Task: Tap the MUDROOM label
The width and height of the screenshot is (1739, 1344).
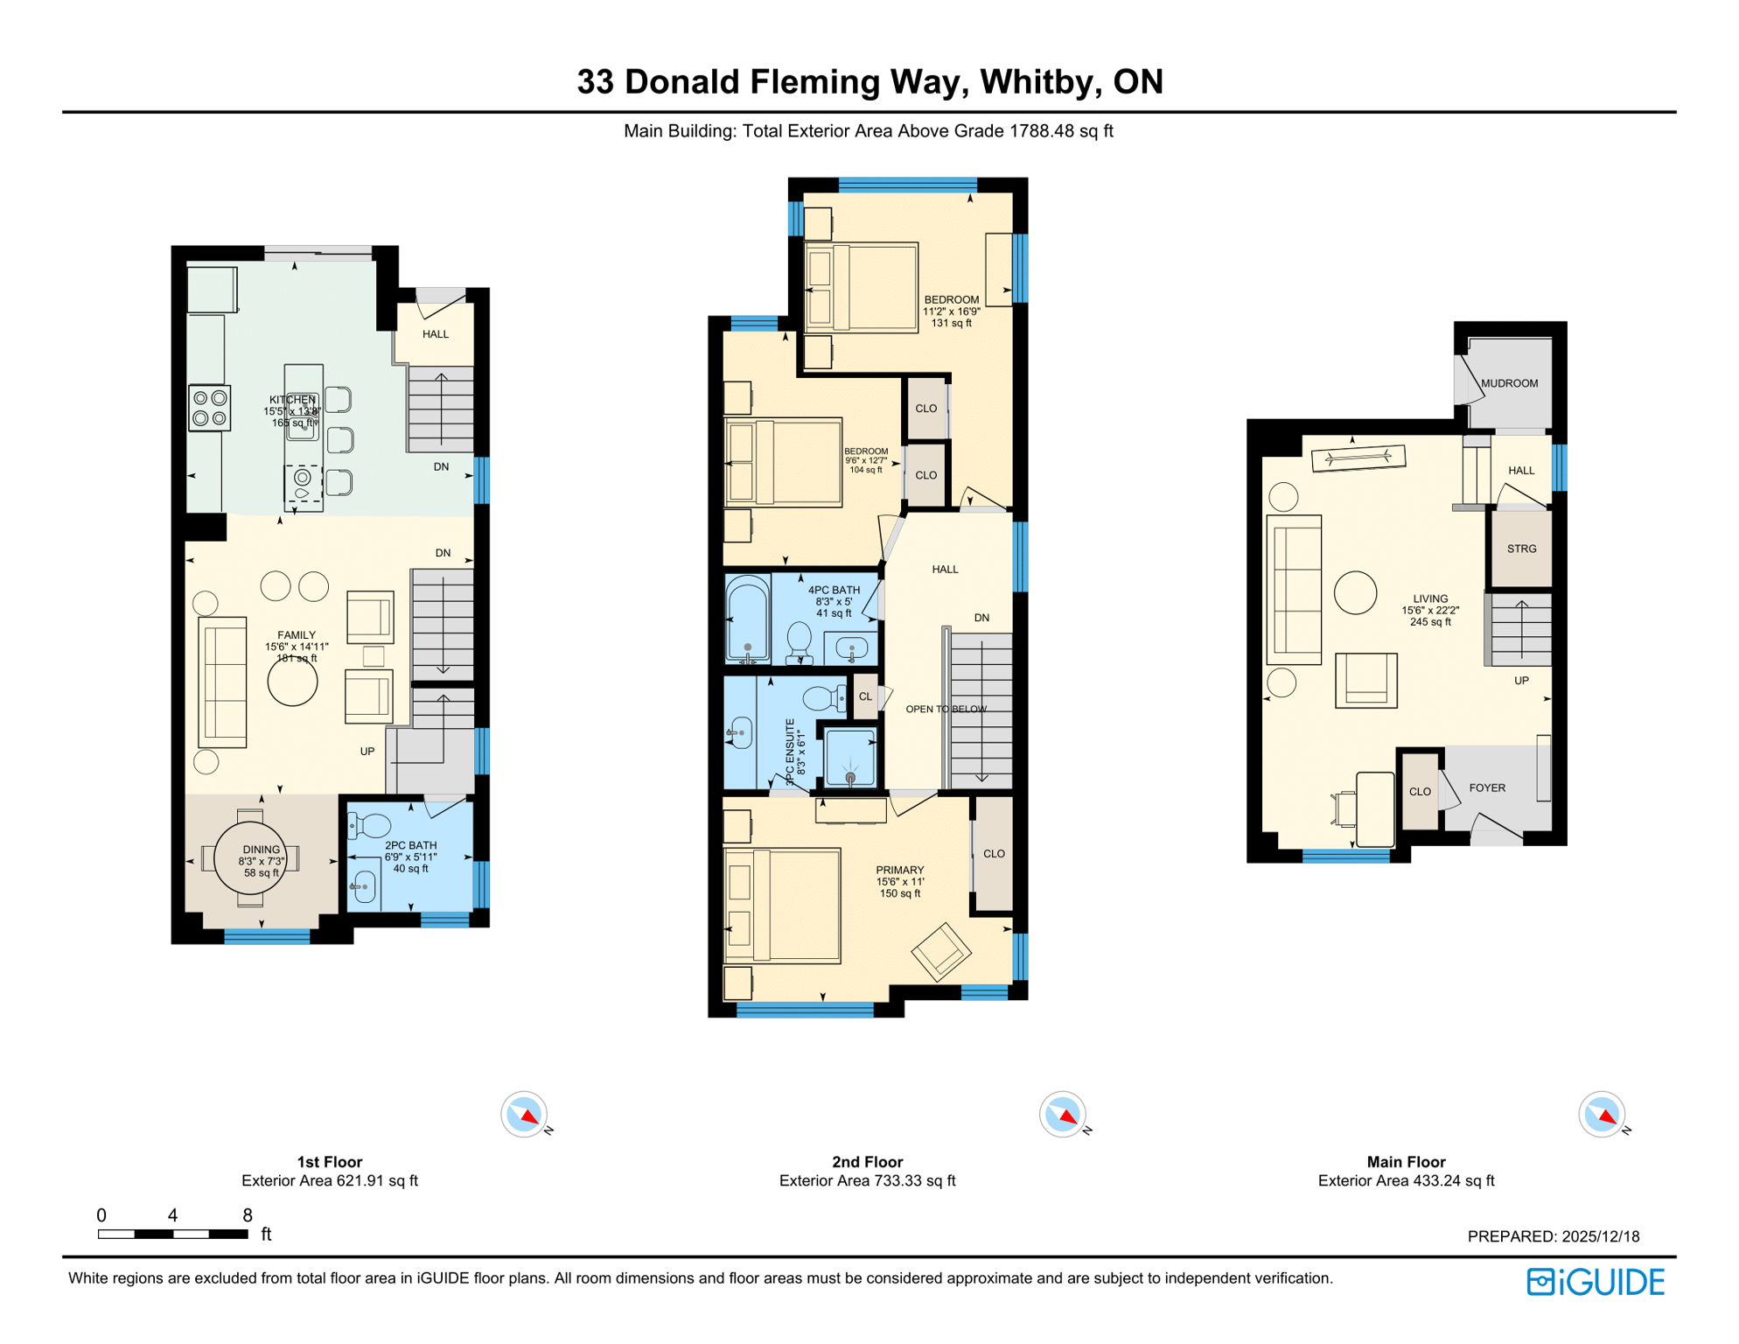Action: click(1509, 383)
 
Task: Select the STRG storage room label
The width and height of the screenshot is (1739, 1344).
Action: click(1521, 549)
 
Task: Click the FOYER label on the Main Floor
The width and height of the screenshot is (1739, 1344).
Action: click(1487, 787)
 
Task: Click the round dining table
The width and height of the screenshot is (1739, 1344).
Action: click(251, 857)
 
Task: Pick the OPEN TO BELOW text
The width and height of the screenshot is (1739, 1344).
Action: click(946, 709)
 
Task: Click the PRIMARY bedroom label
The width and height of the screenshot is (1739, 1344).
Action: click(899, 870)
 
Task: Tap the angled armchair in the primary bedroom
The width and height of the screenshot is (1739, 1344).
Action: click(941, 952)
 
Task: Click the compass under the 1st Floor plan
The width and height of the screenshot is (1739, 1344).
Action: click(524, 1115)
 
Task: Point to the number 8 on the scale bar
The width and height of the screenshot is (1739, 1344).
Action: click(248, 1215)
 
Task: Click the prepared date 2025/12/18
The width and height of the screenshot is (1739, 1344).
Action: click(1600, 1236)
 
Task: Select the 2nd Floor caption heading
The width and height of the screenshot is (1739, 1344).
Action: click(867, 1162)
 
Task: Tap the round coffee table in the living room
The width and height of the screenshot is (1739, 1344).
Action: click(1355, 592)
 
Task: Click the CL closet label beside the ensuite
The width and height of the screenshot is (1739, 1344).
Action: click(865, 696)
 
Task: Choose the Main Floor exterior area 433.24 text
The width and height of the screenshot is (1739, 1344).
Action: click(1406, 1180)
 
